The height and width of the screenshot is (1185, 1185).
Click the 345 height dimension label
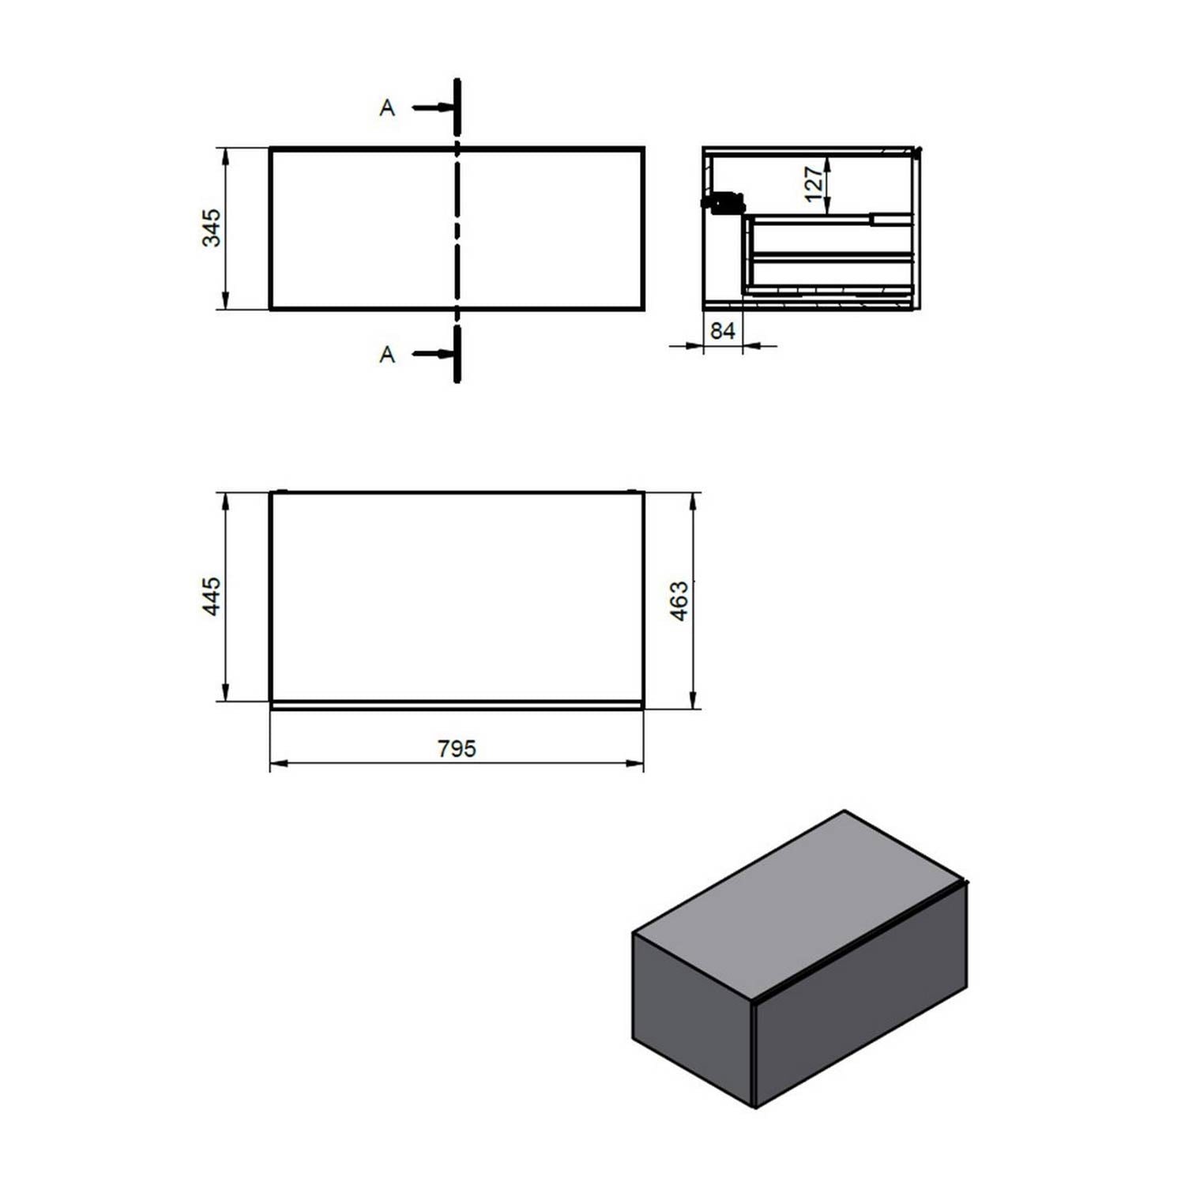pyautogui.click(x=212, y=228)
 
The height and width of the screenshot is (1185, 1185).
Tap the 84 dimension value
pyautogui.click(x=722, y=331)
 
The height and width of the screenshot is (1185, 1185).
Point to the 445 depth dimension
pyautogui.click(x=212, y=596)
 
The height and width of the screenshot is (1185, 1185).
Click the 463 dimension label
pyautogui.click(x=679, y=600)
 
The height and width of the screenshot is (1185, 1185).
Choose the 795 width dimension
pyautogui.click(x=457, y=748)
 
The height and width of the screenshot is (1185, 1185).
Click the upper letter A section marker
pyautogui.click(x=386, y=107)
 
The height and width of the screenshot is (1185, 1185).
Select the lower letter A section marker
pyautogui.click(x=386, y=355)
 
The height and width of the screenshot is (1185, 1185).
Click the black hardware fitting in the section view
pyautogui.click(x=725, y=203)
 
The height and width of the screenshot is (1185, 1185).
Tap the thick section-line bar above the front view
pyautogui.click(x=457, y=107)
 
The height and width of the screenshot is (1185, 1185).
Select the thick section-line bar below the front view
pyautogui.click(x=457, y=355)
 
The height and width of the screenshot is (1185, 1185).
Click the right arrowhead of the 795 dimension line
pyautogui.click(x=635, y=763)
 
